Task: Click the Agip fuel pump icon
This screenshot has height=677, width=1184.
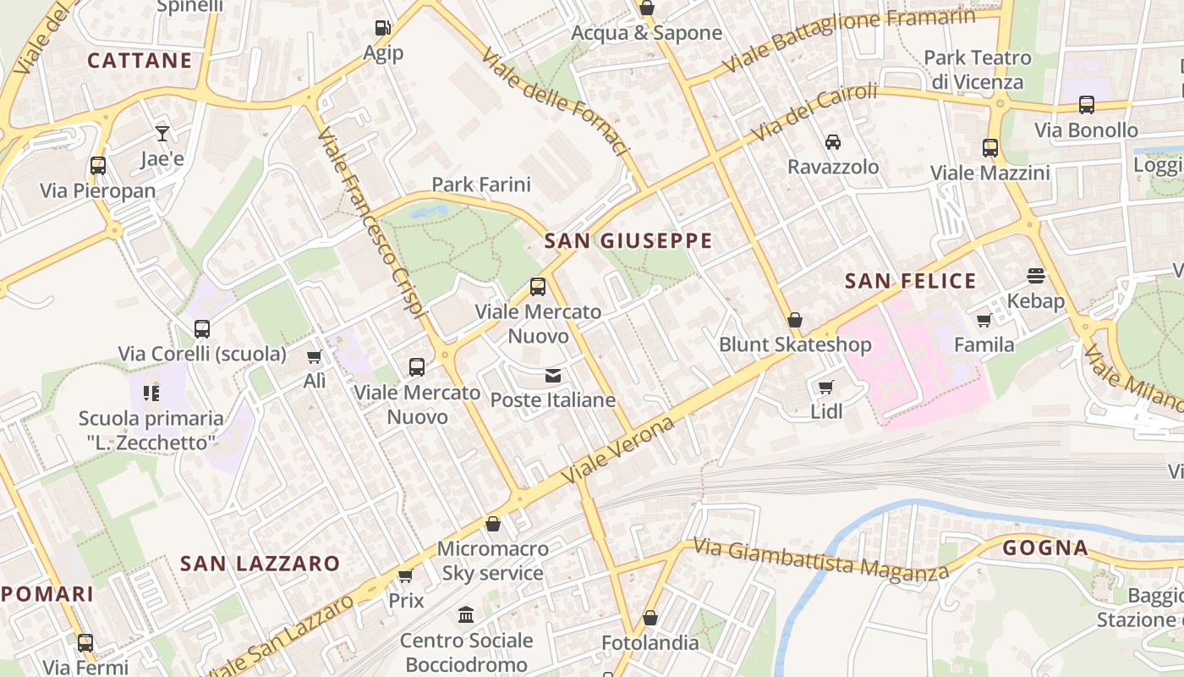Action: pos(383,28)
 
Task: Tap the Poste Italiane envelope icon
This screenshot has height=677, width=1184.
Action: pos(553,375)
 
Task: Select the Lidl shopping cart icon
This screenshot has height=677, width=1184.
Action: pos(825,388)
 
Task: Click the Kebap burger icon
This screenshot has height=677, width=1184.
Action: pos(1036,275)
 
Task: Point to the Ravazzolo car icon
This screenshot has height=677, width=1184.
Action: pos(833,141)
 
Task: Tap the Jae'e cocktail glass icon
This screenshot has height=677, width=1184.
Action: pos(162,133)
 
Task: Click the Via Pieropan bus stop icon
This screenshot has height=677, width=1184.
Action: pos(98,165)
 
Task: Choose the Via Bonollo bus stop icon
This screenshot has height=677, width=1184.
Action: pos(1087,105)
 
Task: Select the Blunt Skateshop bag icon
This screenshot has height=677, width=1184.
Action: pos(795,320)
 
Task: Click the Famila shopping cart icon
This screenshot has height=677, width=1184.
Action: pos(984,320)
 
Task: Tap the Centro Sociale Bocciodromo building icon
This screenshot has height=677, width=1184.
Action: pos(466,614)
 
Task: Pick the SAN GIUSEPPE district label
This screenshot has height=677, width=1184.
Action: pos(628,241)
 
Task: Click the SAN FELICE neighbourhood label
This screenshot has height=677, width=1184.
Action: pos(911,281)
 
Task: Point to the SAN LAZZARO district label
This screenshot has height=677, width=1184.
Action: pos(260,564)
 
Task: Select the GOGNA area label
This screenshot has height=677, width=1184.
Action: pos(1046,548)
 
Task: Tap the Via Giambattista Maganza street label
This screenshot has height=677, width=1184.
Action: pos(821,559)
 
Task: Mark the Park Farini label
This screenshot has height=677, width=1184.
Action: pos(481,184)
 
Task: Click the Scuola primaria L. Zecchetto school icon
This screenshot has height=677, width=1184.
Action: pos(151,393)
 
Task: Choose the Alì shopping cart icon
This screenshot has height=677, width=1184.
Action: pos(315,357)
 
